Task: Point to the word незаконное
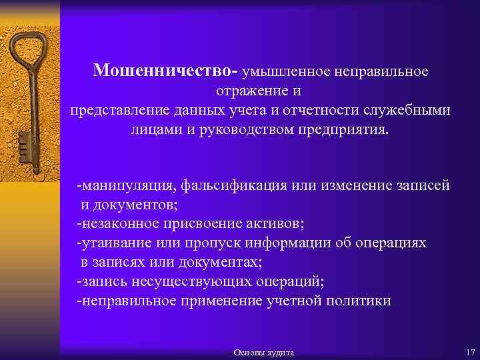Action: pyautogui.click(x=116, y=223)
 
